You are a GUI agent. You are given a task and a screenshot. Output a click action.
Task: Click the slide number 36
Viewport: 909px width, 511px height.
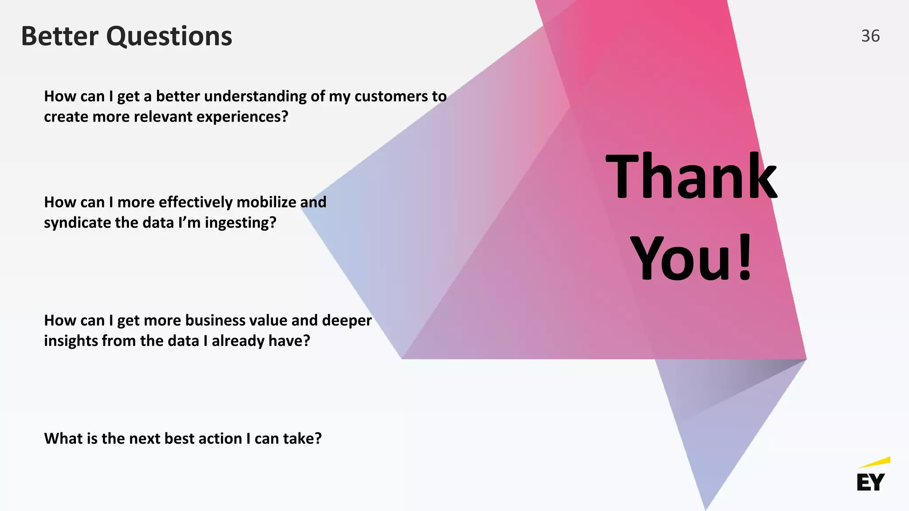(870, 36)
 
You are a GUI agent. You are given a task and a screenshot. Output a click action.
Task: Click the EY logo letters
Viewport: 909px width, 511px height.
(870, 482)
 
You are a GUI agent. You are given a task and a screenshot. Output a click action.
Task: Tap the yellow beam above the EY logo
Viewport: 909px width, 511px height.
(875, 462)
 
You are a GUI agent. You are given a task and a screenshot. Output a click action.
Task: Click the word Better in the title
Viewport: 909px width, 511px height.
(60, 36)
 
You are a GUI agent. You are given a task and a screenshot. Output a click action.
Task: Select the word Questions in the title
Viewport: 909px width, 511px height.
(169, 37)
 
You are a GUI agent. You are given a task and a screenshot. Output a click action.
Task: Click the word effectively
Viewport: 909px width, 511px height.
(195, 202)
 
